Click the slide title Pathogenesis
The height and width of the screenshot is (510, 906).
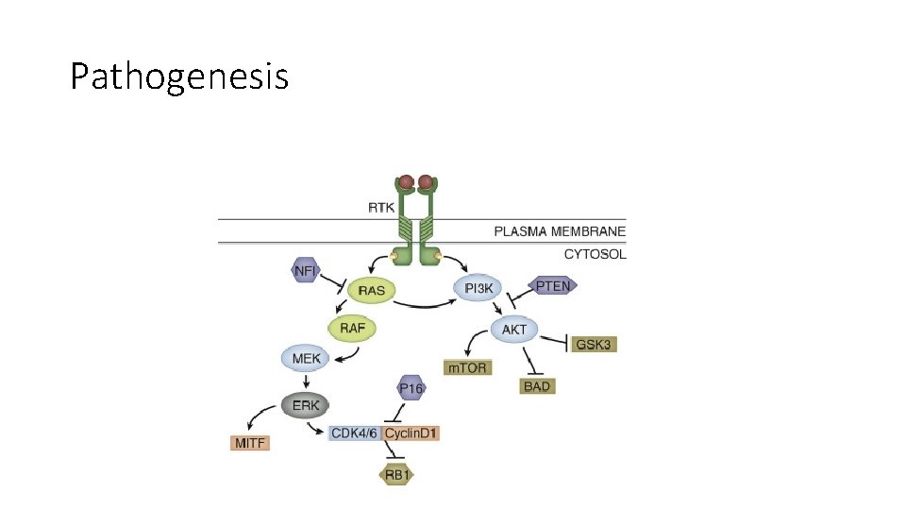click(179, 76)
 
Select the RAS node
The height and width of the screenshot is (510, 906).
click(372, 290)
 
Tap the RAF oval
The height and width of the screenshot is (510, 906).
click(352, 328)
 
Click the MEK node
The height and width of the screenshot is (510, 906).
click(306, 359)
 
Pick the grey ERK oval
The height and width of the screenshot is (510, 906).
click(306, 405)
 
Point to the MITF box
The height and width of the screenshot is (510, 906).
click(250, 442)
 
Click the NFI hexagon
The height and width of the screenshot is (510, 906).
click(306, 271)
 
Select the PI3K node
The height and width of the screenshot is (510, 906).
click(479, 288)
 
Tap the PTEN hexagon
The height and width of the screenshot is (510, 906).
click(553, 284)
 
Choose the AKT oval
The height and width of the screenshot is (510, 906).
click(514, 330)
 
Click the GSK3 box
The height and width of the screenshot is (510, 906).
click(595, 344)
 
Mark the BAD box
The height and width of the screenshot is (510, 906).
click(536, 385)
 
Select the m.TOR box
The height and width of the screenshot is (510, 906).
click(466, 366)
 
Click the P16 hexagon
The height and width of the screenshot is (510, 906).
click(411, 387)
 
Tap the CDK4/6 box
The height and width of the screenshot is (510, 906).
click(354, 433)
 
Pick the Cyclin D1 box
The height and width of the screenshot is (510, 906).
click(411, 433)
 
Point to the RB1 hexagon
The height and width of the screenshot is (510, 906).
click(397, 475)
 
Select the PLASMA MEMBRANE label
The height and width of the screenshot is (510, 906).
click(560, 231)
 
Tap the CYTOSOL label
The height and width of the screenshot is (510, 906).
click(595, 253)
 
